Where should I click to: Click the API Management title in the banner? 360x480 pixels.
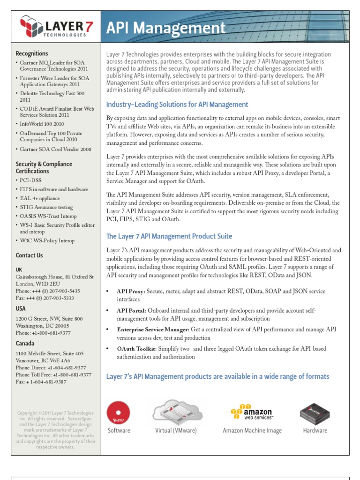tap(166, 28)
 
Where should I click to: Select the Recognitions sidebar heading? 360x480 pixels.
tap(31, 53)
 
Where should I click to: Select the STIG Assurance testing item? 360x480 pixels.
tap(46, 207)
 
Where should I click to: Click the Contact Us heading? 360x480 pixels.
tap(29, 255)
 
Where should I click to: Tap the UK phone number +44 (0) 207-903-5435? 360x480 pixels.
tap(48, 291)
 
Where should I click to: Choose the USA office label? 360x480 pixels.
tap(21, 308)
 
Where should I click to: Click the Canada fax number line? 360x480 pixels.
tap(41, 382)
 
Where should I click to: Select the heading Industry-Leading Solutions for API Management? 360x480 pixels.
tap(177, 105)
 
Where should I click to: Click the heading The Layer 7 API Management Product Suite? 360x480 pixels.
tap(169, 236)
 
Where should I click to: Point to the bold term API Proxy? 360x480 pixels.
tap(131, 291)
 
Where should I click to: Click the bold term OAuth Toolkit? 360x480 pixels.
tap(136, 349)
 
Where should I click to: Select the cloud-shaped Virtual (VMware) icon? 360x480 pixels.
tap(176, 411)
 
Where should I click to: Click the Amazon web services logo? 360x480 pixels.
tap(252, 411)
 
